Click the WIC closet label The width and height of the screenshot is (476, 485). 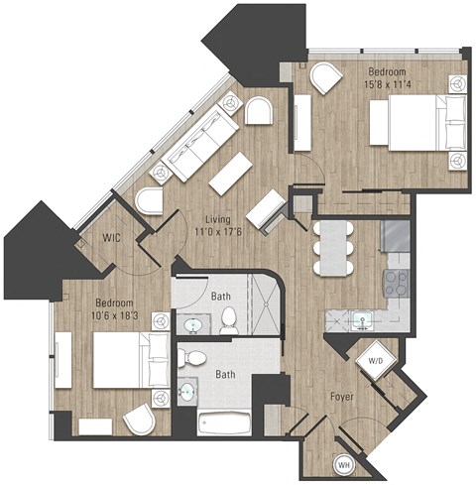111,238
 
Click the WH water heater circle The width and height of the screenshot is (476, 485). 345,464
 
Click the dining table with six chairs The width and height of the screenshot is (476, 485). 333,246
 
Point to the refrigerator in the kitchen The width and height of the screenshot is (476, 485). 396,236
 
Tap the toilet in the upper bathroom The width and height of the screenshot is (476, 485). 229,317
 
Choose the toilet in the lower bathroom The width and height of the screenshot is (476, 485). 195,359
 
